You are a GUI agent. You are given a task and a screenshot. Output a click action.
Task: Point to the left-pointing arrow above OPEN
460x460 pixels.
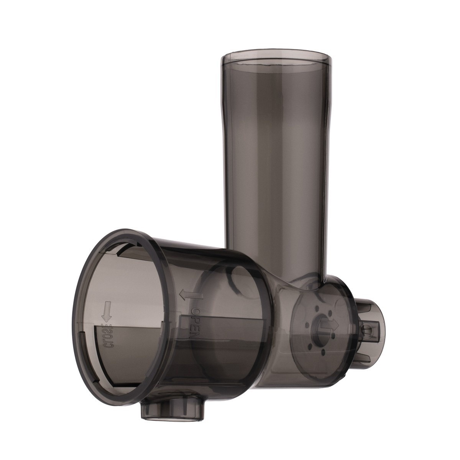pyautogui.click(x=191, y=295)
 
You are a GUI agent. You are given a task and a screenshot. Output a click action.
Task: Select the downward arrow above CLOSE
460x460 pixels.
pyautogui.click(x=107, y=311)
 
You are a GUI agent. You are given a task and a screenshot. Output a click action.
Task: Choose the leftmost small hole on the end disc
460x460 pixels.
pyautogui.click(x=307, y=325)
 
